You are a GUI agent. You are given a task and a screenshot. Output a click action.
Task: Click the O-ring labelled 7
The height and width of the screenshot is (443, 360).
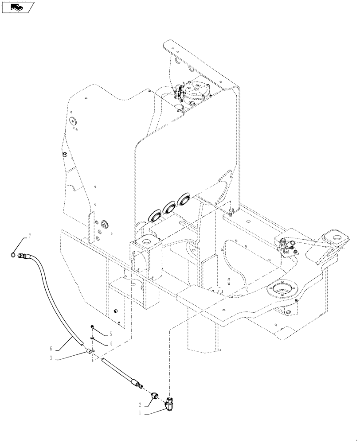pos(15,254)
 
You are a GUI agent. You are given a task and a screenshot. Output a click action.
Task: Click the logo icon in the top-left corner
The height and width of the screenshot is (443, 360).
pos(18,8)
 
